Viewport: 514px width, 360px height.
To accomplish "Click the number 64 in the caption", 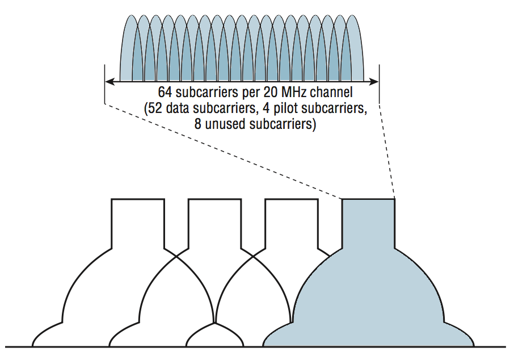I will click(x=165, y=92).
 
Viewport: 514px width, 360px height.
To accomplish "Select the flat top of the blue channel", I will click(x=368, y=199).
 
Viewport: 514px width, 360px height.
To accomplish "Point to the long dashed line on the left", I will click(x=221, y=150).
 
